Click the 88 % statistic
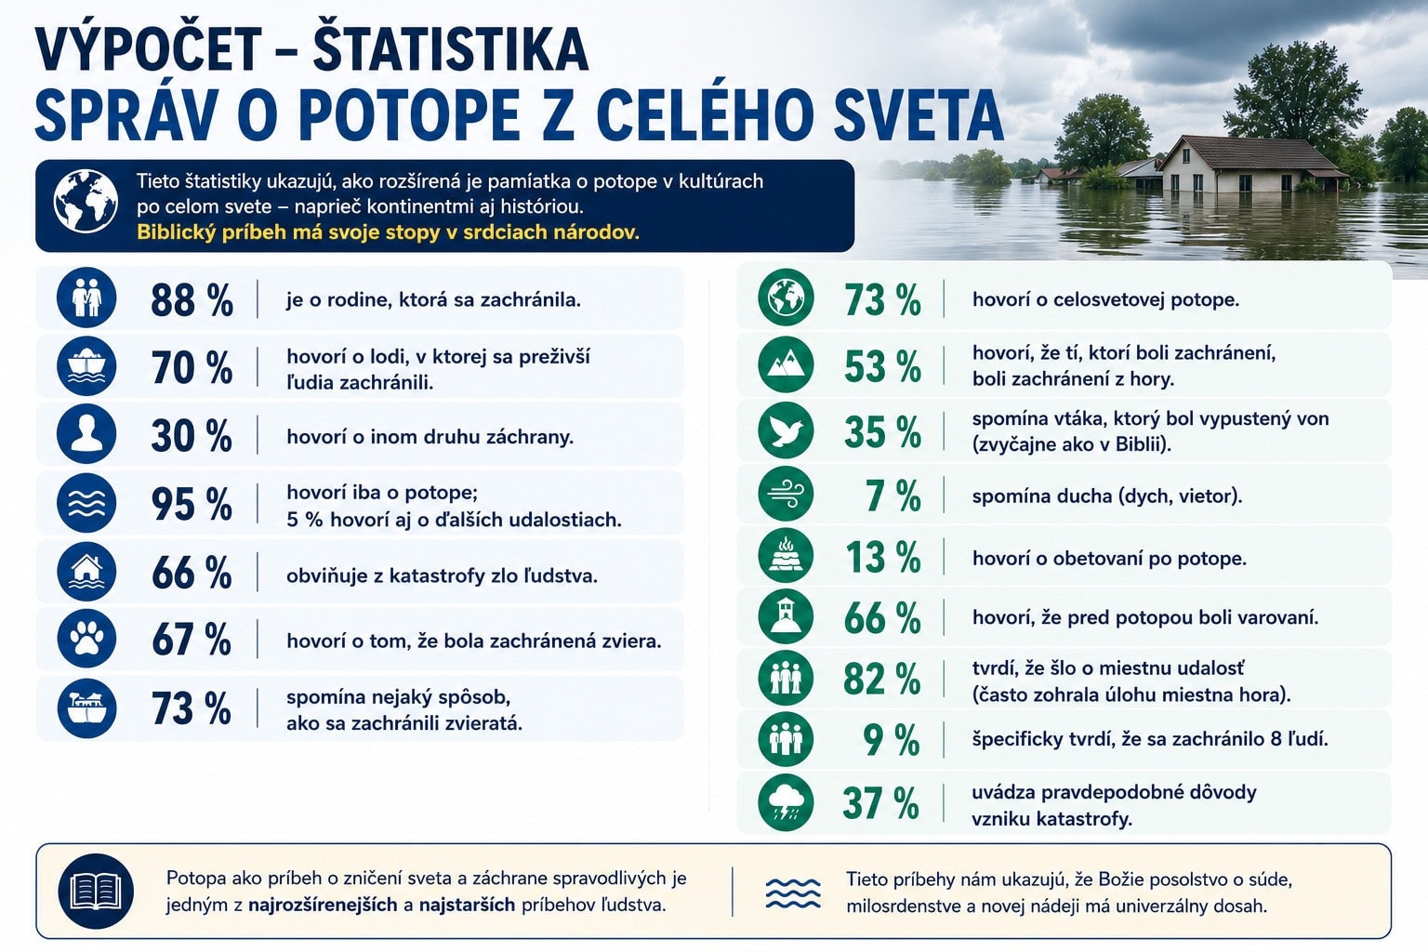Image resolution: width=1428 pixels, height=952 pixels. point(192,299)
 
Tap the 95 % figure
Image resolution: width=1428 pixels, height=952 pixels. point(192,505)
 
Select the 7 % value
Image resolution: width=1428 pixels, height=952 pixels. point(893,496)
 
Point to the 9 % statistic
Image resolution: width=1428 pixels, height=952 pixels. point(892,740)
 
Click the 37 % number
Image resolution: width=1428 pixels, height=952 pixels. point(881,803)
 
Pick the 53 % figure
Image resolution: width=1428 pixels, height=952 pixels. point(883,366)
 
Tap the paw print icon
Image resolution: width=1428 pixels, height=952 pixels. point(86,639)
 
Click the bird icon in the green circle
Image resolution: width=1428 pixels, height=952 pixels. point(786,430)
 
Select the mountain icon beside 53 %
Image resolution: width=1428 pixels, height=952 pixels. point(786,365)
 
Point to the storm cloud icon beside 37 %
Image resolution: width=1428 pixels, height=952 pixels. point(786,803)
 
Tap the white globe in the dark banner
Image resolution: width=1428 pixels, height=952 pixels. point(86,201)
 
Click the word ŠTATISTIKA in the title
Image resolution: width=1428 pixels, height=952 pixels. point(451,49)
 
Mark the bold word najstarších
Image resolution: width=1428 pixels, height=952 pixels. point(467,906)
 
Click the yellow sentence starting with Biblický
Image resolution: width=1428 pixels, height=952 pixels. point(388,232)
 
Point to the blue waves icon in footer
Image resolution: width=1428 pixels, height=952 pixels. point(792,893)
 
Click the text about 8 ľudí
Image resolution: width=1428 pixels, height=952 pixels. point(1150,740)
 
